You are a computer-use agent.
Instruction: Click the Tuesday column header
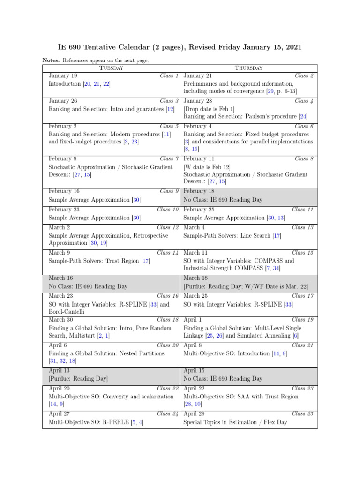(x=111, y=68)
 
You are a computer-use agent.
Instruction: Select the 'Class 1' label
(x=169, y=75)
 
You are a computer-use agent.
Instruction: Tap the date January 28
(x=198, y=101)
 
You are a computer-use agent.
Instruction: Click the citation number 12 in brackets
(x=170, y=109)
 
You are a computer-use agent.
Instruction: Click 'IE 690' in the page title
(x=69, y=47)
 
